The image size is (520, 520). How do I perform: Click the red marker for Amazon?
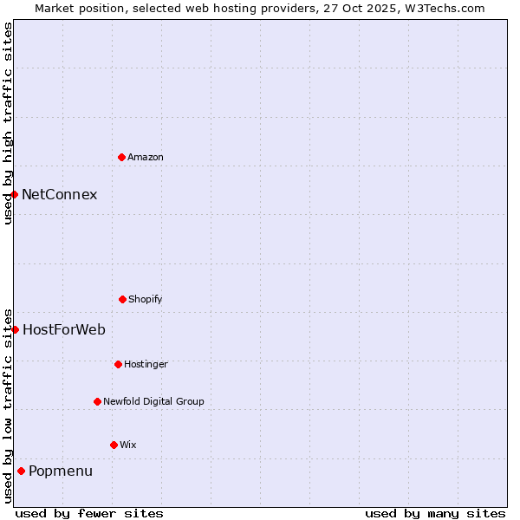pos(121,157)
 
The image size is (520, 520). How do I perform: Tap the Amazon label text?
pos(146,157)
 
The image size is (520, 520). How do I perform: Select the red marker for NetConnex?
pos(14,194)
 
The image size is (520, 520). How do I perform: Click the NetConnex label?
pos(60,194)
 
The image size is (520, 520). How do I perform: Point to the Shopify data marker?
pos(122,299)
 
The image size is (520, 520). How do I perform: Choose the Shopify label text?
pos(146,299)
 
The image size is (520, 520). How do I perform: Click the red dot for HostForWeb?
pos(15,329)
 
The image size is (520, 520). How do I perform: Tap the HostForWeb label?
pos(64,329)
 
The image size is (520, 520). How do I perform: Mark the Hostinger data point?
pos(118,364)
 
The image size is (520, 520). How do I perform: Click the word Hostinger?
pos(146,364)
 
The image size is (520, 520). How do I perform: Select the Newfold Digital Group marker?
pos(97,401)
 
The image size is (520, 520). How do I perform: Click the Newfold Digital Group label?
pos(153,401)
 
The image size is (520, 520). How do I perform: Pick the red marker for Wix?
pos(114,445)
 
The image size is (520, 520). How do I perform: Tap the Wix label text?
pos(128,445)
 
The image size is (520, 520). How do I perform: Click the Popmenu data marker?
pos(21,471)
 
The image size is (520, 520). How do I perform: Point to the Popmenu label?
pos(61,471)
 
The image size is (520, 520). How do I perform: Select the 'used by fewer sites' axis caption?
pos(89,513)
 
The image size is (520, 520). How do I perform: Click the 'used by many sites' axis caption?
pos(435,513)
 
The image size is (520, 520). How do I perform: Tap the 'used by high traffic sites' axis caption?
pos(8,123)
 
